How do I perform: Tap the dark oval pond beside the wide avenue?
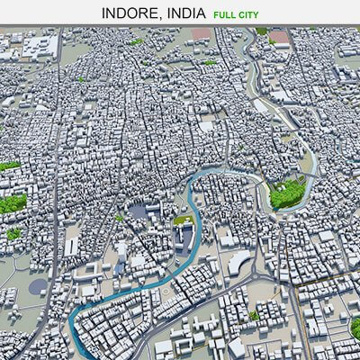[x=38, y=285]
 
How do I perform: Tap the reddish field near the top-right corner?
[x=280, y=37]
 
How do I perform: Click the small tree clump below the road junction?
[x=255, y=315]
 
